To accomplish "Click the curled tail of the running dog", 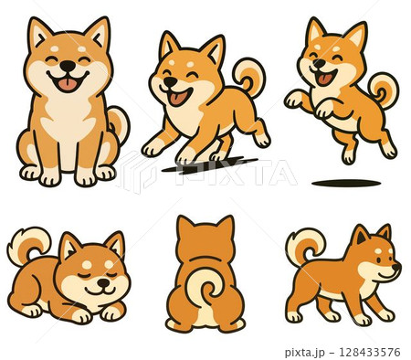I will [248, 76].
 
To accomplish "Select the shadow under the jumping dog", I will [346, 183].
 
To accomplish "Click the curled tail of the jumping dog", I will [384, 90].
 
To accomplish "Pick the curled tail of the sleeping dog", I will [28, 244].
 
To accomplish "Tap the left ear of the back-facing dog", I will [186, 226].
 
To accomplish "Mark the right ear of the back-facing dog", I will [224, 226].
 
